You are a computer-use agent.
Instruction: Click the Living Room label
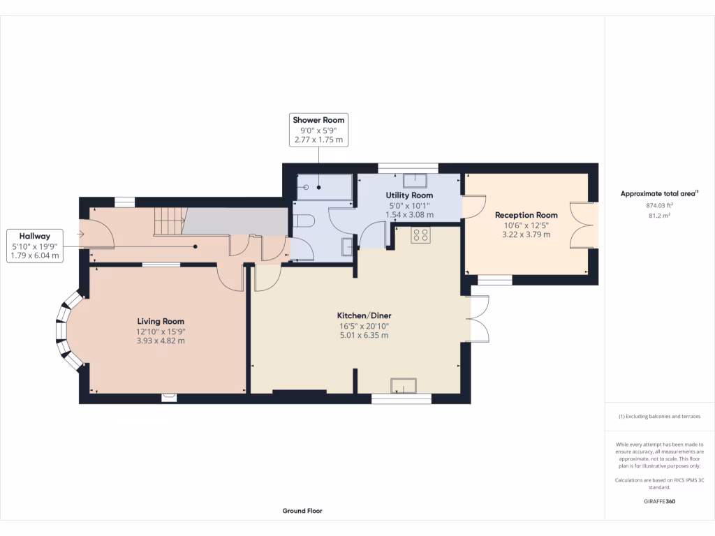click(x=161, y=321)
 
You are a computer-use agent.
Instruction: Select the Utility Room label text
click(x=409, y=195)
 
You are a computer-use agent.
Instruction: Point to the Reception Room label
click(x=526, y=215)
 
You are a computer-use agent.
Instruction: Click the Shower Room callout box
click(x=318, y=130)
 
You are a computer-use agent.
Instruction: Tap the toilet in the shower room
click(x=304, y=221)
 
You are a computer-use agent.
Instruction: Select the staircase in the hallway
click(x=168, y=221)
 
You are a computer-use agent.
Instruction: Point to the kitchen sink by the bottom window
click(x=403, y=385)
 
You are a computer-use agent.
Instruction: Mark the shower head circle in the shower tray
click(x=305, y=187)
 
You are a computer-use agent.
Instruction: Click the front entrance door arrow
click(x=82, y=234)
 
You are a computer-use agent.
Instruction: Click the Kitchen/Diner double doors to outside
click(x=478, y=319)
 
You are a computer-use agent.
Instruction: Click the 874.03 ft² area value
click(x=659, y=206)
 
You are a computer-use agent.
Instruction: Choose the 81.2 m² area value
click(x=659, y=216)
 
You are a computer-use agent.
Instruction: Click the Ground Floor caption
click(x=302, y=511)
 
